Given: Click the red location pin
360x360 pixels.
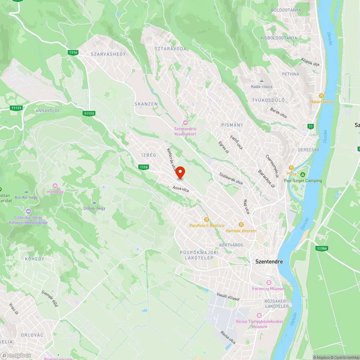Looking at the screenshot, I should click(180, 173).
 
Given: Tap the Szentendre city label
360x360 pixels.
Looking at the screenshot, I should click(269, 262).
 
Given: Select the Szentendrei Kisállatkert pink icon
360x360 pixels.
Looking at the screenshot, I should click(185, 123).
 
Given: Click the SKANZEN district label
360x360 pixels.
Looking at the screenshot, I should click(146, 104).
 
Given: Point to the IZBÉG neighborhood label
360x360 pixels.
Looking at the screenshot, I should click(149, 155).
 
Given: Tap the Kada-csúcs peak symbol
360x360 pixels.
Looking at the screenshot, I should click(262, 81).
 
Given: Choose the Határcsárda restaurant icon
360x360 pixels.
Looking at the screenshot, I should click(322, 96).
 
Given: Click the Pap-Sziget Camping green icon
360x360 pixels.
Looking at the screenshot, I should click(303, 174).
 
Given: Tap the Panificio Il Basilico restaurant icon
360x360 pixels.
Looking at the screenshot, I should click(206, 219).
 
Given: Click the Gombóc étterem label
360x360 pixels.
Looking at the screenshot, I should click(241, 231).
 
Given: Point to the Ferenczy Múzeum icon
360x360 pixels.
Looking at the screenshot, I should click(269, 282).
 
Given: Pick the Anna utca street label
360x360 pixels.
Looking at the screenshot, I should click(181, 188).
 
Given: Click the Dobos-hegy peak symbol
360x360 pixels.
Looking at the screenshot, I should click(94, 202).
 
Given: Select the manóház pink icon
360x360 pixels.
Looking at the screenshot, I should click(55, 186).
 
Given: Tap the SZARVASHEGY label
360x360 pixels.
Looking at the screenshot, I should click(108, 54).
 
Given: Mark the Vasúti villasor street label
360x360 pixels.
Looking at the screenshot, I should click(228, 297).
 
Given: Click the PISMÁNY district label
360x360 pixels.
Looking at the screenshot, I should click(232, 125).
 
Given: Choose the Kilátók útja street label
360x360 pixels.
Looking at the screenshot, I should click(310, 62).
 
